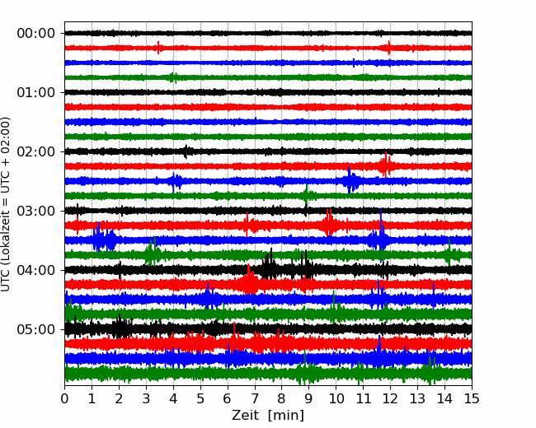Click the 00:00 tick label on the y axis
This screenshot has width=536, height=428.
point(36,34)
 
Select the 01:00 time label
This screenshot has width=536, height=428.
point(36,92)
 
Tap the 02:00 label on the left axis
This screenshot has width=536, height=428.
point(36,152)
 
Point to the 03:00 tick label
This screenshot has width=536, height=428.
point(36,211)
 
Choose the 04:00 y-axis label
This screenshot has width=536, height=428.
point(36,270)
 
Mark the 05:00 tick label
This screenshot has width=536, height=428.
point(36,330)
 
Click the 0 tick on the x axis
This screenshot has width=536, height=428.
point(64,398)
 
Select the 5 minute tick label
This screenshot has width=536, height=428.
point(200,398)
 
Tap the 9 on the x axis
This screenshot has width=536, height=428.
point(308,398)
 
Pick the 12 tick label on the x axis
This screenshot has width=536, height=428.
point(390,398)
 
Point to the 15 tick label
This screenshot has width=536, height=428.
point(472,398)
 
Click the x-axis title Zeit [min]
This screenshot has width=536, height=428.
point(268,416)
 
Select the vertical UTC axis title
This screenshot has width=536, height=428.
point(6,204)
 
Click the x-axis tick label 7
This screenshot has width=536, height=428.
point(255,398)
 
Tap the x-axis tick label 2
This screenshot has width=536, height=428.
point(119,398)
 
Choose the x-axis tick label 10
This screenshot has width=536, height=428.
point(336,398)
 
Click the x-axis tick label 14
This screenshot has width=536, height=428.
point(444,398)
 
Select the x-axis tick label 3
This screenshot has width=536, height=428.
point(146,398)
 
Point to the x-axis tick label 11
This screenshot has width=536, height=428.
point(363,398)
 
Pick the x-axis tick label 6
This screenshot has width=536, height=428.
point(228,398)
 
